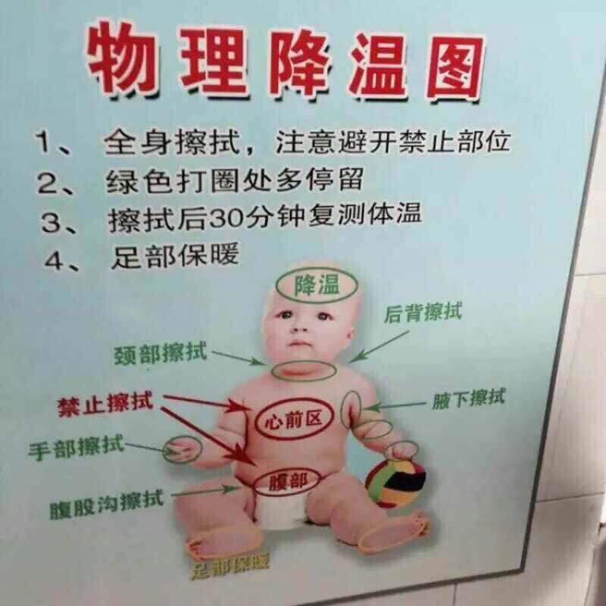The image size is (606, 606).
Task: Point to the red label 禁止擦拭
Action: [105, 403]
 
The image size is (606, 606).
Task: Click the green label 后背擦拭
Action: [423, 311]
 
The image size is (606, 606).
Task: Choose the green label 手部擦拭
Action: [75, 446]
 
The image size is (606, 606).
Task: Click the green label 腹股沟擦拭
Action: [106, 501]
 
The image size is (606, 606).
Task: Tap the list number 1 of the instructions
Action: [43, 142]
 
